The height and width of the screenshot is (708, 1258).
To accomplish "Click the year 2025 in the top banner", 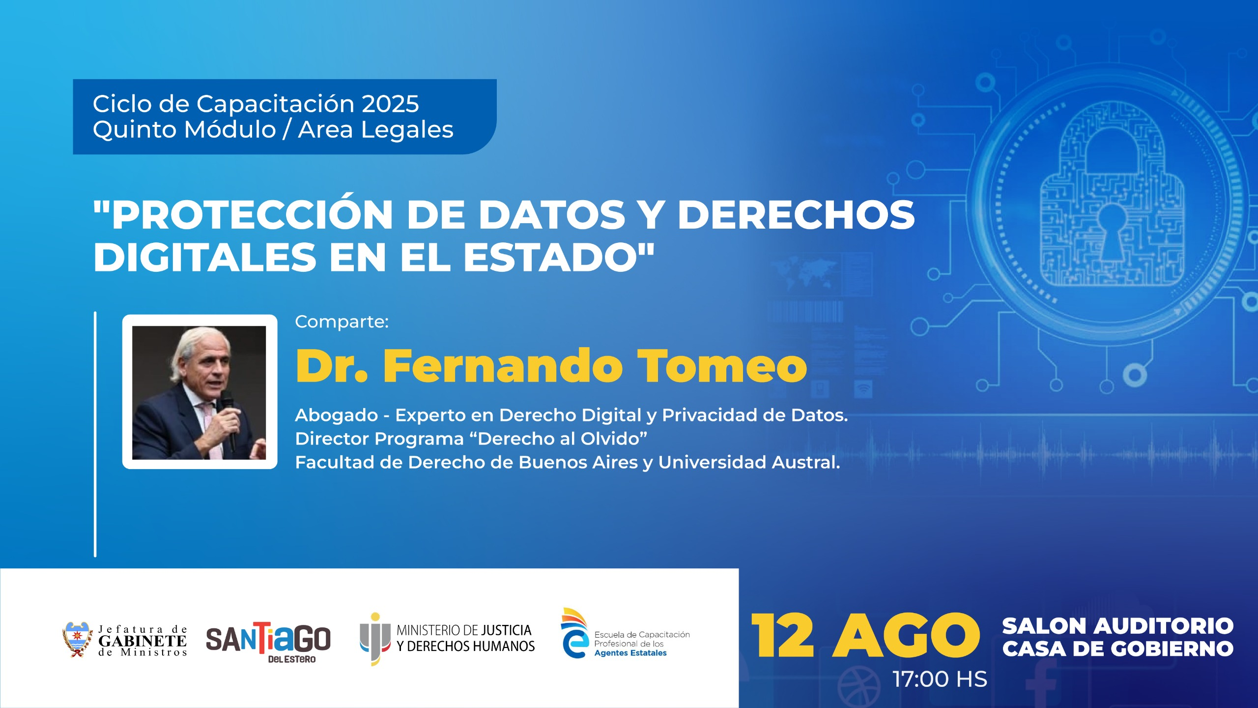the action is point(390,104).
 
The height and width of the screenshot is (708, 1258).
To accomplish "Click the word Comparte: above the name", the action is point(342,322).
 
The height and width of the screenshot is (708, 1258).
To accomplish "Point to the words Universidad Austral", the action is point(749,462).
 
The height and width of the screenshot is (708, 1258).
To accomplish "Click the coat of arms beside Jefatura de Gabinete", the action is point(77,639).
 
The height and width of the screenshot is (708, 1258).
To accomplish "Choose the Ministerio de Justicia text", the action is point(465,638).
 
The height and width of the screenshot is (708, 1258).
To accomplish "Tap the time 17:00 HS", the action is point(940,679).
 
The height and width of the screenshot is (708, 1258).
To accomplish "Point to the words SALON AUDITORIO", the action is point(1118,626).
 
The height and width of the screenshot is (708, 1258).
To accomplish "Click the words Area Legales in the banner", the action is point(375,130).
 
